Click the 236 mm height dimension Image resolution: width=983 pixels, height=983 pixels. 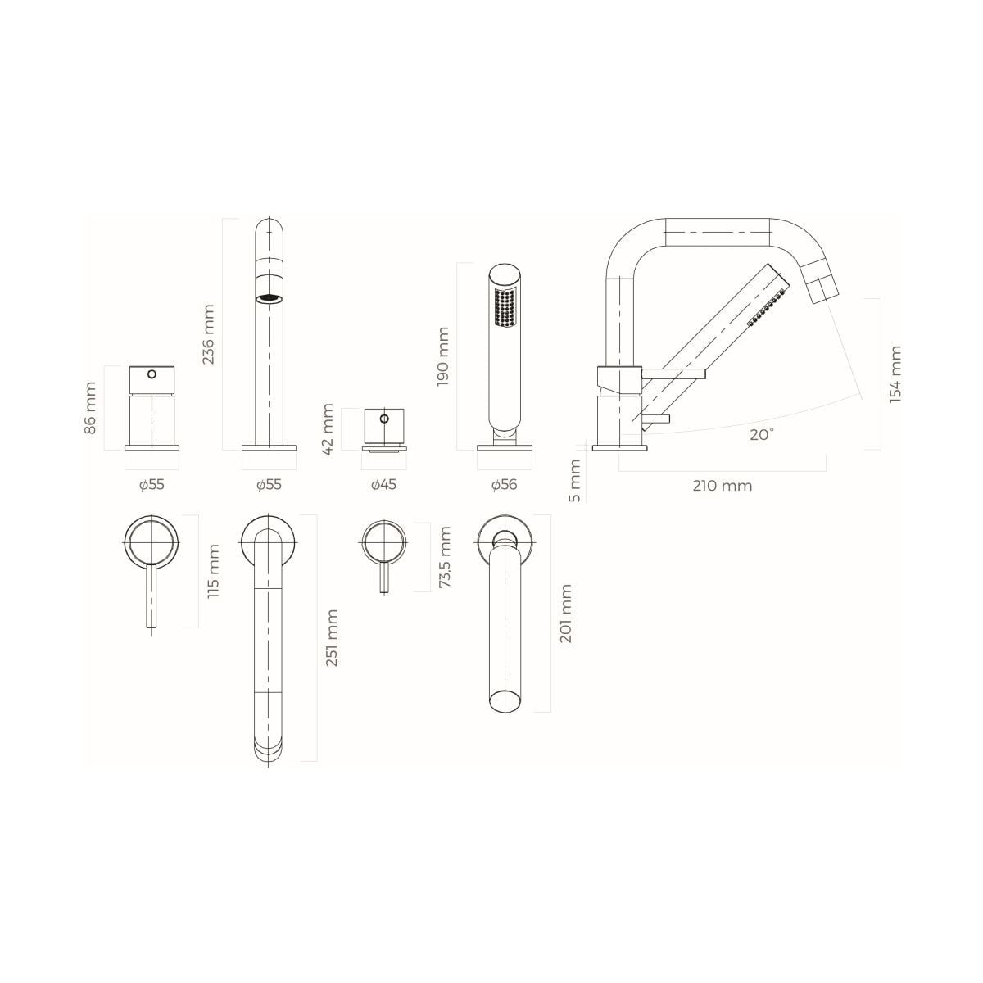(208, 334)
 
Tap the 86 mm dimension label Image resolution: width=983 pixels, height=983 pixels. (90, 408)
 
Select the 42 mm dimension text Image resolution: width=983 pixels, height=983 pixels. (328, 429)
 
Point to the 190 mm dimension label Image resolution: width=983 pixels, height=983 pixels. (443, 356)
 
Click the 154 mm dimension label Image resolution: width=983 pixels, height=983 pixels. (895, 374)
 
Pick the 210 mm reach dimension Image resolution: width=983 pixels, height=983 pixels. (723, 486)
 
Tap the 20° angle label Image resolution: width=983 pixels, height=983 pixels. (762, 435)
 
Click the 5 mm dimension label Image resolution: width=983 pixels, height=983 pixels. (575, 481)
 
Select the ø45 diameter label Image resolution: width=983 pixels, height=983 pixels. (383, 485)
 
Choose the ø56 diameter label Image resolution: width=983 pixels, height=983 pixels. (504, 485)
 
